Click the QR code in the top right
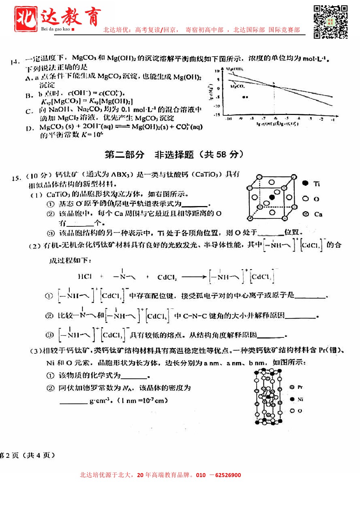(x=330, y=22)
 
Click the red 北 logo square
(x=25, y=19)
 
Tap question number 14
(x=15, y=62)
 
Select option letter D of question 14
(x=30, y=128)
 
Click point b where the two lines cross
(x=274, y=86)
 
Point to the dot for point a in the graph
(x=245, y=97)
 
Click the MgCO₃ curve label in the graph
(x=238, y=86)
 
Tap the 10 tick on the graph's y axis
(x=217, y=71)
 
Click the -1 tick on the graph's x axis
(x=332, y=119)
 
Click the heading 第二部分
(x=124, y=155)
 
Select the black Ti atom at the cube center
(x=272, y=197)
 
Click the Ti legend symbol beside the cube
(x=306, y=183)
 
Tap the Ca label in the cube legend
(x=318, y=214)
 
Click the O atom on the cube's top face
(x=271, y=182)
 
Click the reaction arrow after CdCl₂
(x=194, y=277)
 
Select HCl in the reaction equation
(x=85, y=276)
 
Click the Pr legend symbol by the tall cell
(x=292, y=387)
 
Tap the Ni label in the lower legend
(x=300, y=399)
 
